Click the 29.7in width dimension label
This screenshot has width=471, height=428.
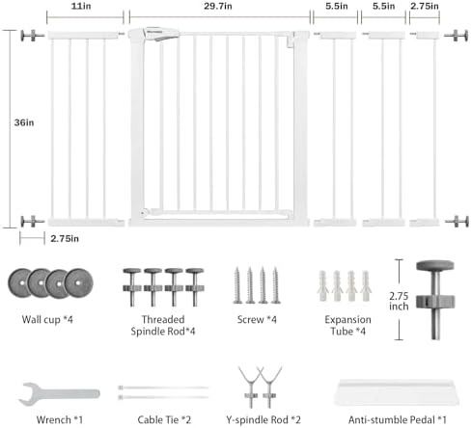click(218, 6)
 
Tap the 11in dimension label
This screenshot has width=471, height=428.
click(81, 6)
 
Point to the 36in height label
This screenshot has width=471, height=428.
click(24, 122)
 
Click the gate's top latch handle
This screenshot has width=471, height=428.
click(161, 34)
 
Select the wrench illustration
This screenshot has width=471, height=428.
click(59, 393)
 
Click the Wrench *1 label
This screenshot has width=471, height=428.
click(60, 419)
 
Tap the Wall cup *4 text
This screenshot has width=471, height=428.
click(47, 319)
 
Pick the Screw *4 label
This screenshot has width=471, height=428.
click(257, 319)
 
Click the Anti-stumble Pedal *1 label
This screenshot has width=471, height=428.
click(398, 419)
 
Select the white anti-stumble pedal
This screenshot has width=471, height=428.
click(398, 391)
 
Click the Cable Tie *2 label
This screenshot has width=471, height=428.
click(164, 419)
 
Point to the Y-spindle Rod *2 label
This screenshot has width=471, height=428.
click(263, 419)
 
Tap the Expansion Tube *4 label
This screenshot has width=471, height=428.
click(347, 325)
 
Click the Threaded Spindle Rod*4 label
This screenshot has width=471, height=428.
click(163, 325)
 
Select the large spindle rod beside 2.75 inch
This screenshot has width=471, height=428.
click(435, 300)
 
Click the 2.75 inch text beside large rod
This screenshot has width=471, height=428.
click(399, 301)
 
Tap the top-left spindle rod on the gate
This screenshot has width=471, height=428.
click(32, 36)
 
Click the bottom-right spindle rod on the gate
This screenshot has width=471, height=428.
click(457, 222)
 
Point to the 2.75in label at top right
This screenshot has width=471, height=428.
click(425, 6)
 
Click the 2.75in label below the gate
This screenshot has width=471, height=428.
click(65, 239)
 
